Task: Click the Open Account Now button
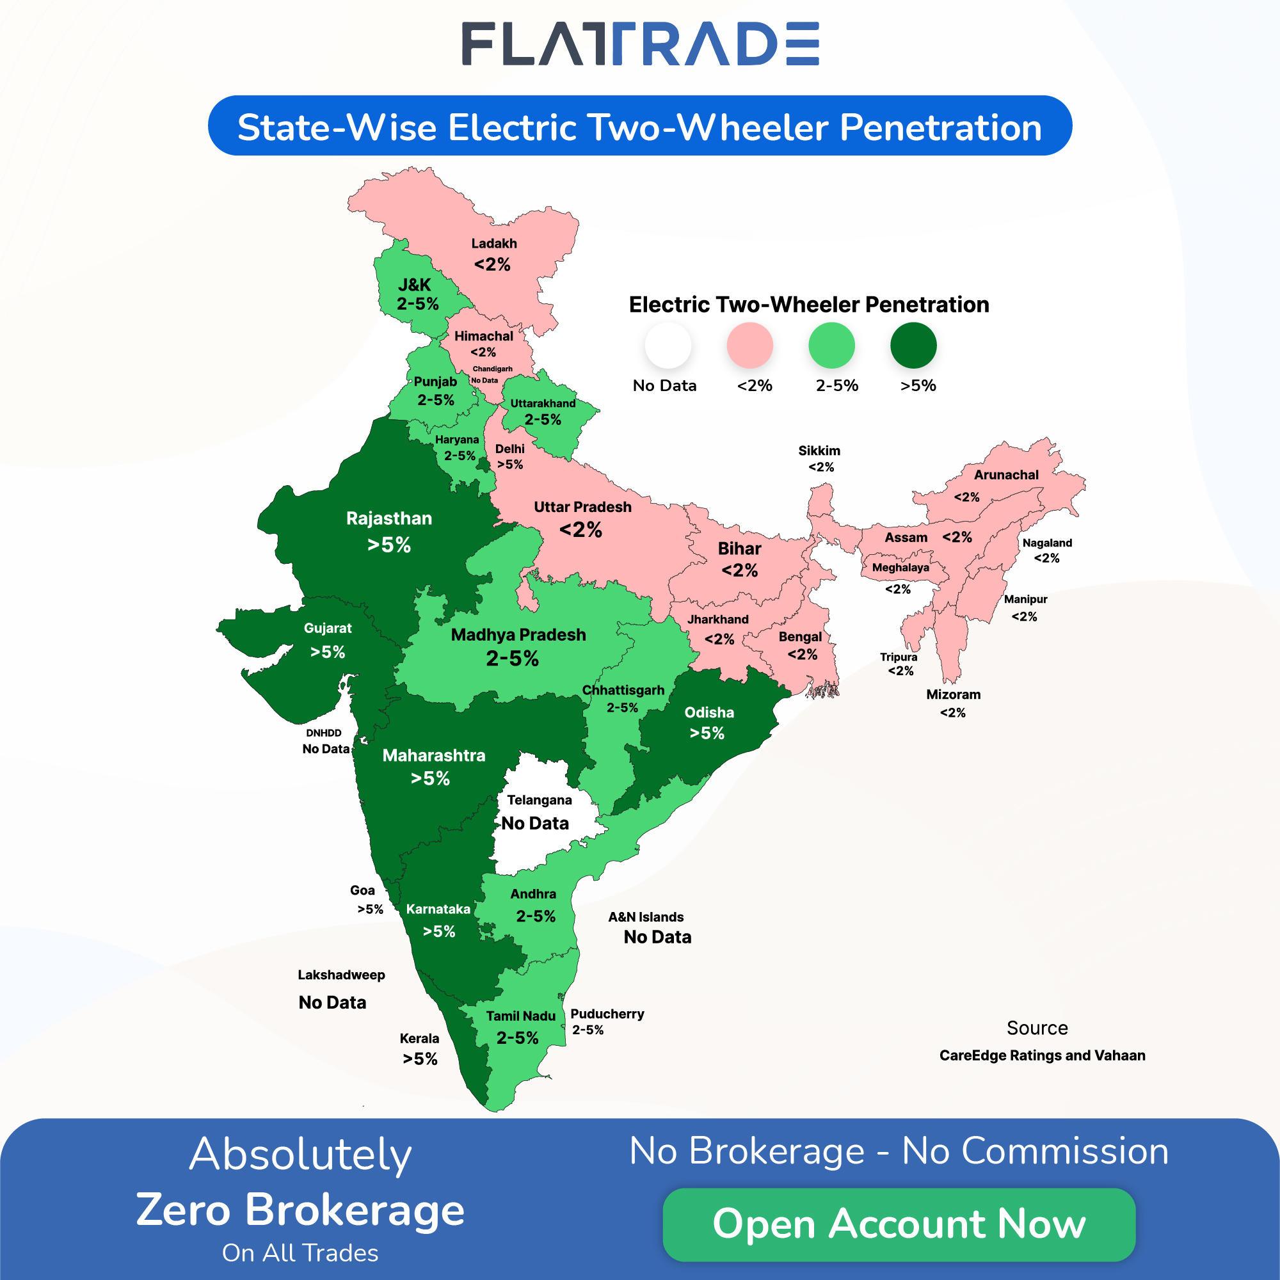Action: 899,1224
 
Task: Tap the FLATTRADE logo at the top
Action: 640,44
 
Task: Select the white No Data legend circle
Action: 668,345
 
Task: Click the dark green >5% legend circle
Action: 913,345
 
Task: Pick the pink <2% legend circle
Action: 749,345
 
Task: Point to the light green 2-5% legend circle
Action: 831,345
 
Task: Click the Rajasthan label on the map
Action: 389,519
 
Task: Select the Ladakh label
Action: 494,244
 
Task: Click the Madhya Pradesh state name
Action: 518,635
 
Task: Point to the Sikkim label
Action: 819,451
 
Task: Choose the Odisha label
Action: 709,713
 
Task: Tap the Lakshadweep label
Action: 341,975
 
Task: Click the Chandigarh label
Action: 492,369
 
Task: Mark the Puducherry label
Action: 607,1014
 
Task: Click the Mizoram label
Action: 954,695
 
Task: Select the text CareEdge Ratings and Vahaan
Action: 1042,1055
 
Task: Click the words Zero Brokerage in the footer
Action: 300,1210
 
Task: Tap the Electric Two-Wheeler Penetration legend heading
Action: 809,305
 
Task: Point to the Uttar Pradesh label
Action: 582,508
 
